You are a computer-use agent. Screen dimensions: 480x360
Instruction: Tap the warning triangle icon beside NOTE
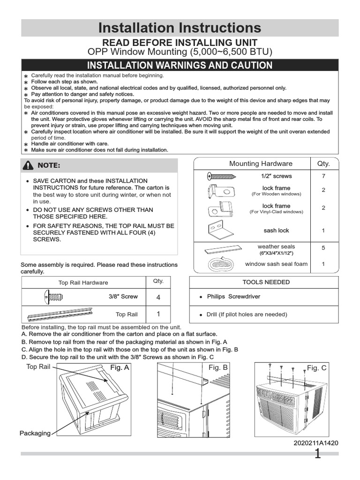click(x=29, y=165)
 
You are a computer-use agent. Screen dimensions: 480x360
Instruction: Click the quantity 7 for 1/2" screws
click(x=323, y=176)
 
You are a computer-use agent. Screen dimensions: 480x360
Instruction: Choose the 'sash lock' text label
click(x=276, y=231)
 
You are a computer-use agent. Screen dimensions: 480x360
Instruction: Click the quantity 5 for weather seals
click(x=323, y=248)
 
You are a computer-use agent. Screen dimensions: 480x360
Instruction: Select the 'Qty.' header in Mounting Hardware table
click(x=323, y=164)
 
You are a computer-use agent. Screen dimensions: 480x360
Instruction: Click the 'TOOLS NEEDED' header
click(x=266, y=282)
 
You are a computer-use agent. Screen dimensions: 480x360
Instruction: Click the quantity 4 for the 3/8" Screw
click(x=157, y=297)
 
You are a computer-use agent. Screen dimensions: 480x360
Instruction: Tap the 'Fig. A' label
click(x=120, y=368)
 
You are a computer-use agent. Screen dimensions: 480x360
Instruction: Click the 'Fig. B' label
click(x=218, y=368)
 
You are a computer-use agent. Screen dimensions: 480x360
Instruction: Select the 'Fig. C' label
click(x=317, y=368)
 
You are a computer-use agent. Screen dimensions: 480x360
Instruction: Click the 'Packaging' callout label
click(x=35, y=433)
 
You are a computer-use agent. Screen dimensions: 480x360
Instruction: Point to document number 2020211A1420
click(x=316, y=443)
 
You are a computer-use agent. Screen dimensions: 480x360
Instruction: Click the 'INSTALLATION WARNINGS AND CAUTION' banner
click(x=180, y=65)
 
